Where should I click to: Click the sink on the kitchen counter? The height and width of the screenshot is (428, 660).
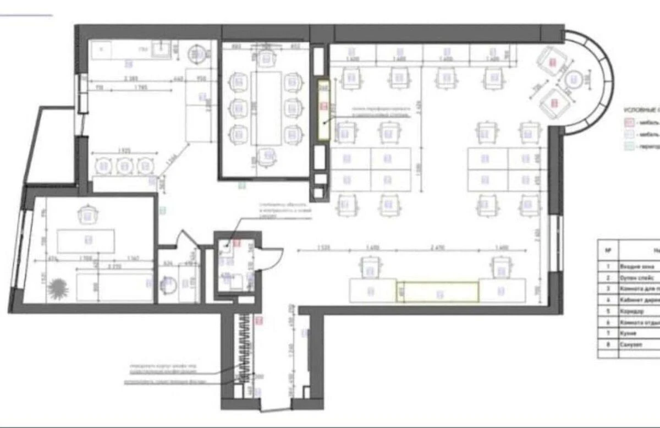(x=161, y=50)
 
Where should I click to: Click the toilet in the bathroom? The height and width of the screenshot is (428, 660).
(x=168, y=284)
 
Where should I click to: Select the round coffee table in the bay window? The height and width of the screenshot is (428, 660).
(x=575, y=80)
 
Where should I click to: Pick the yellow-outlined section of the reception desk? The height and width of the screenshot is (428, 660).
(x=438, y=291)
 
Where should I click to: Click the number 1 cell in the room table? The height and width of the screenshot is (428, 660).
(x=608, y=266)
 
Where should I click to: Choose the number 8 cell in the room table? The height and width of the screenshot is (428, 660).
(x=608, y=345)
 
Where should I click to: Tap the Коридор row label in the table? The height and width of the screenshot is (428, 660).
(x=632, y=311)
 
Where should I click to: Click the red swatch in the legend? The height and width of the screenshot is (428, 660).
(x=627, y=122)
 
